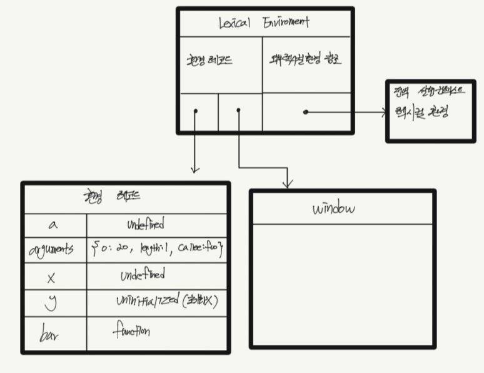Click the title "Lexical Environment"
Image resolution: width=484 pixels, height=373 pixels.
point(263,23)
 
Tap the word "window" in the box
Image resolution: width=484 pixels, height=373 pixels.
point(333,208)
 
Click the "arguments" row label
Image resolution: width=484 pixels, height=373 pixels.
point(51,250)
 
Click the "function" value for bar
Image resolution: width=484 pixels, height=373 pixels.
point(131,330)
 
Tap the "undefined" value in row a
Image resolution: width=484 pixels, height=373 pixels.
point(146,224)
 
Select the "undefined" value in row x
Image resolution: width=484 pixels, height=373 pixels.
point(143,275)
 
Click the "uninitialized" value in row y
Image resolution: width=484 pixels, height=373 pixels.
point(166,302)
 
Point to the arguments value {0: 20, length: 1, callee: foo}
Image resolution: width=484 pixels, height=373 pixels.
point(157,250)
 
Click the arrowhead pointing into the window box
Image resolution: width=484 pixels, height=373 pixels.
point(287,185)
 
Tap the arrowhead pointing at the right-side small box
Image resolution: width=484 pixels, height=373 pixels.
point(384,113)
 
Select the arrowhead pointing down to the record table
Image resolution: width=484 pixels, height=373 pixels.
point(195,169)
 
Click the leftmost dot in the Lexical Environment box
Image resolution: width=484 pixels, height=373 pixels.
point(196,111)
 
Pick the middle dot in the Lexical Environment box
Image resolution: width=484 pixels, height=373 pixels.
point(238,110)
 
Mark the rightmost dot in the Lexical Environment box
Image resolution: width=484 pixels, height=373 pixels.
point(305,112)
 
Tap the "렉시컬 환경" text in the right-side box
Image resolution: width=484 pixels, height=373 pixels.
point(425,113)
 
